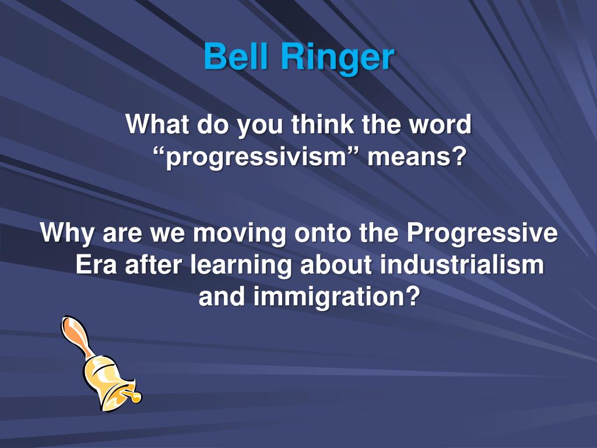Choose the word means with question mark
click(417, 158)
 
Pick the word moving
click(240, 234)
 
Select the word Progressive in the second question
click(482, 234)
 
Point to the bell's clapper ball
click(136, 397)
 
